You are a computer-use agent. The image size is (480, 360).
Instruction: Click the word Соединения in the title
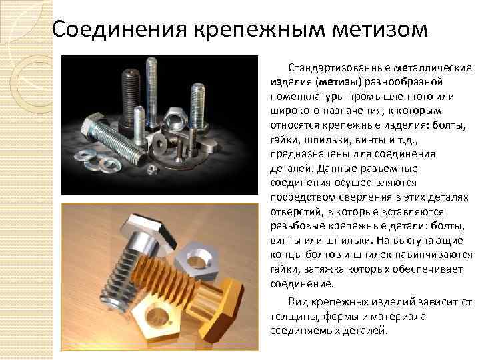(x=119, y=29)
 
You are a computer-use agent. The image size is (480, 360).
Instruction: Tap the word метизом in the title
(x=379, y=30)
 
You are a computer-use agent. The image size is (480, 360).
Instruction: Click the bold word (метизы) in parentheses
(x=339, y=83)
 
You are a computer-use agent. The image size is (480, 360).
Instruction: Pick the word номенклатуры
(x=307, y=97)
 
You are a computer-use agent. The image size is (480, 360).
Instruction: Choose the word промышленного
(x=391, y=97)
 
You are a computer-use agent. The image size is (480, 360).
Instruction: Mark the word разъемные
(x=389, y=169)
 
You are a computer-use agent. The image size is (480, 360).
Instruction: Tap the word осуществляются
(x=375, y=183)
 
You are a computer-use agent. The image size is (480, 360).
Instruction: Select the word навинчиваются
(x=434, y=255)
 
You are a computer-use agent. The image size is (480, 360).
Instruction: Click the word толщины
(x=294, y=317)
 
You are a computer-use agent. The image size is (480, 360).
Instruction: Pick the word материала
(x=398, y=316)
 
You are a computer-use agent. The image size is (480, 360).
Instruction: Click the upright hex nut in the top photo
(x=173, y=119)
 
